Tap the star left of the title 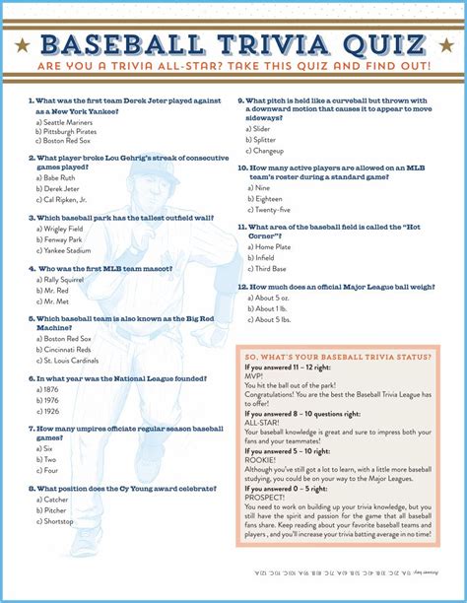22,45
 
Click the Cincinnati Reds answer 70,350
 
